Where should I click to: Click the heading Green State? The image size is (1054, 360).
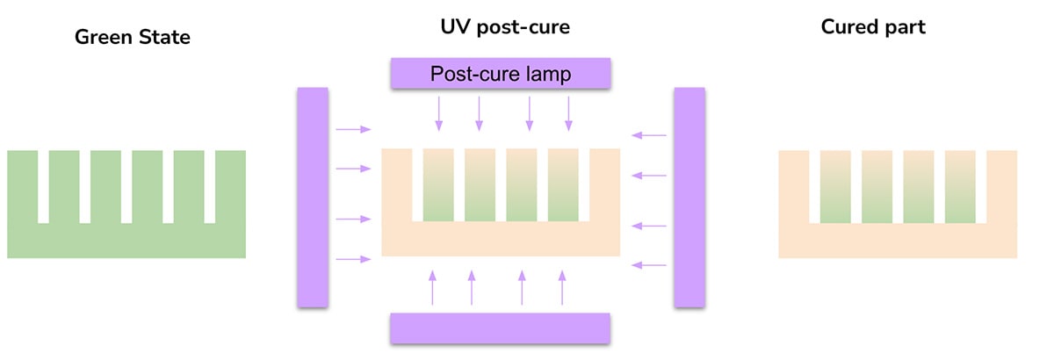click(133, 37)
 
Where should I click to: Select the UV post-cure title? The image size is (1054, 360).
click(505, 27)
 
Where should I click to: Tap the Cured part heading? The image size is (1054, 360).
click(873, 27)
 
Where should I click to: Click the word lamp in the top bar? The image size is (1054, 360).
click(545, 74)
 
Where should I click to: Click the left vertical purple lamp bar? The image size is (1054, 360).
click(313, 197)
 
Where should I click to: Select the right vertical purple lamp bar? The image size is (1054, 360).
click(689, 197)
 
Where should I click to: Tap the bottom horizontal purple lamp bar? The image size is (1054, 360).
click(500, 328)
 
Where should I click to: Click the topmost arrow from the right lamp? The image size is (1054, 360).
click(649, 135)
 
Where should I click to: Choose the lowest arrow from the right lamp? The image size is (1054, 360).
click(649, 264)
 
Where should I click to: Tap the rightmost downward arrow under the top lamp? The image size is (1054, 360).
click(568, 112)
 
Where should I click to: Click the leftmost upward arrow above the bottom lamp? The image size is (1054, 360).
click(432, 288)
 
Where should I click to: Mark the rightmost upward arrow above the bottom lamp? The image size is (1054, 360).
click(562, 288)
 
